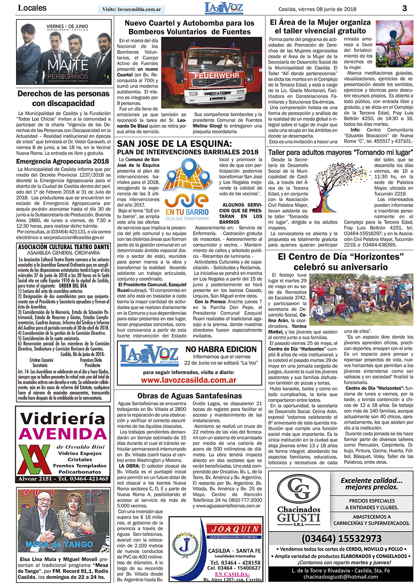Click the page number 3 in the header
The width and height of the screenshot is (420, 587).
pyautogui.click(x=404, y=8)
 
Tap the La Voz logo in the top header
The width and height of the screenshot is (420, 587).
pyautogui.click(x=224, y=8)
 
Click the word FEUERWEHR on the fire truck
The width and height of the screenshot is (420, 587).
pyautogui.click(x=216, y=75)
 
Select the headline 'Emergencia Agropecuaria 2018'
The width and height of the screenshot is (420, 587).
pyautogui.click(x=63, y=161)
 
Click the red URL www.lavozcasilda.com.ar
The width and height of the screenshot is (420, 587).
pyautogui.click(x=189, y=380)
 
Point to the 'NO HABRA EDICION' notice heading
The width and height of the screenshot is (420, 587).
pyautogui.click(x=221, y=349)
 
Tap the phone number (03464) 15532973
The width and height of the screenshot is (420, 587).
pyautogui.click(x=342, y=538)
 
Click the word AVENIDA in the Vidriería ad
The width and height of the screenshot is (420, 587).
pyautogui.click(x=63, y=434)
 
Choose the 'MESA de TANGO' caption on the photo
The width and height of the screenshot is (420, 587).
pyautogui.click(x=59, y=544)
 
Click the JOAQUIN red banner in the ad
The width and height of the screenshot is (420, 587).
pyautogui.click(x=235, y=529)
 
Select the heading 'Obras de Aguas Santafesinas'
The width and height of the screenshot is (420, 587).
pyautogui.click(x=190, y=396)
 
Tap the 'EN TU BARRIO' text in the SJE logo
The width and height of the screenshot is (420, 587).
pyautogui.click(x=187, y=212)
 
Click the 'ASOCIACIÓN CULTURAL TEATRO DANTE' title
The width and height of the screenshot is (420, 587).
pyautogui.click(x=64, y=246)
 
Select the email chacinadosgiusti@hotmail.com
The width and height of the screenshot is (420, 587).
pyautogui.click(x=341, y=577)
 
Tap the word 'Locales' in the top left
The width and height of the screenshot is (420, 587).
pyautogui.click(x=32, y=8)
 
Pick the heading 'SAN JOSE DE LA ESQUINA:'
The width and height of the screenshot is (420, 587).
pyautogui.click(x=174, y=143)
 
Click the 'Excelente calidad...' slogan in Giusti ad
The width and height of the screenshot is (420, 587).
pyautogui.click(x=372, y=483)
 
